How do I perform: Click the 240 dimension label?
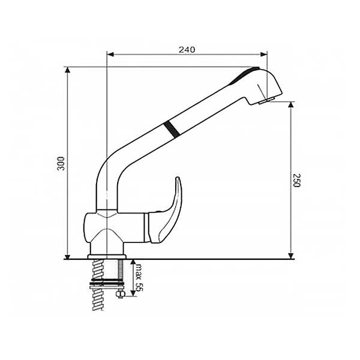click(187, 49)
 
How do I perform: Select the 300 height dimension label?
click(61, 163)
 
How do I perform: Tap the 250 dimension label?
click(296, 181)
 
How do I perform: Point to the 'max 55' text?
click(139, 277)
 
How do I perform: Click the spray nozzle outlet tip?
click(266, 101)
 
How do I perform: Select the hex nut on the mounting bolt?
click(121, 293)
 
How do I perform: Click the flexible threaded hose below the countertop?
click(98, 285)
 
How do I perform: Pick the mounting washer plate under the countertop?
click(107, 284)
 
